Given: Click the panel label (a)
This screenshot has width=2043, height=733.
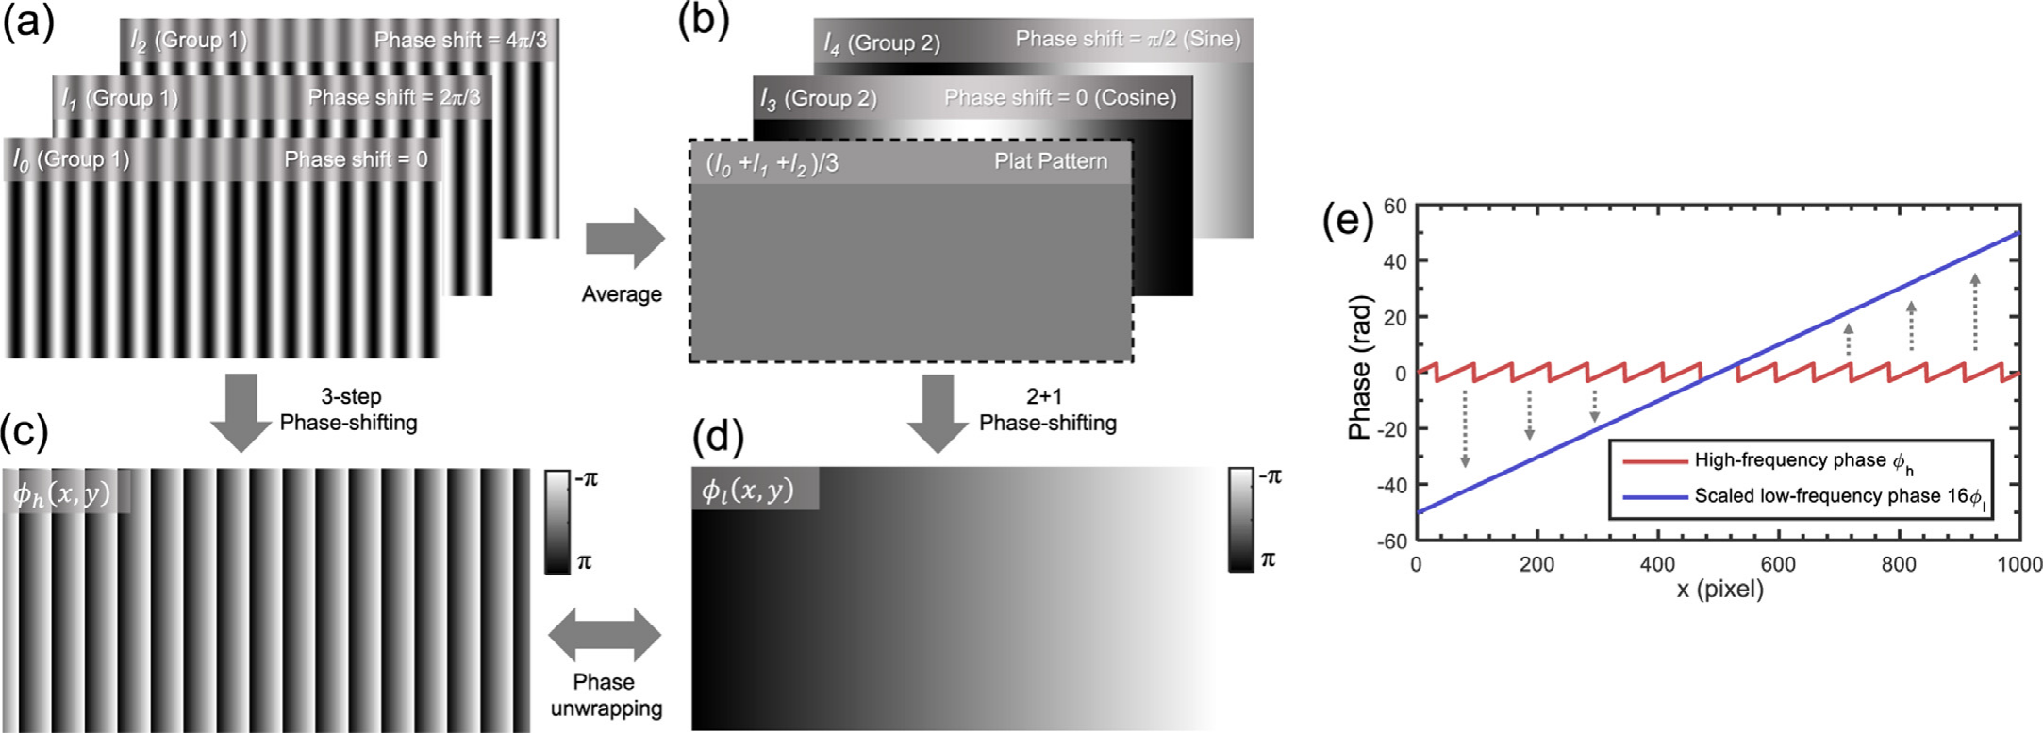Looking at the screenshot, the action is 28,21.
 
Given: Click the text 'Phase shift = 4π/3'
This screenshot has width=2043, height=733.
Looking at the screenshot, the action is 460,40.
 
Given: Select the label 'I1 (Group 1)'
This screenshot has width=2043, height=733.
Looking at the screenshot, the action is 119,98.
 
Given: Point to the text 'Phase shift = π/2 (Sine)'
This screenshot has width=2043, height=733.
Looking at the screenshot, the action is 1128,39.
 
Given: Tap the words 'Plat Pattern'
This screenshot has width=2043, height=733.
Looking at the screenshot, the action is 1051,161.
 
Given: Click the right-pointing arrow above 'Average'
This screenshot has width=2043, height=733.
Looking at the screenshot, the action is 625,239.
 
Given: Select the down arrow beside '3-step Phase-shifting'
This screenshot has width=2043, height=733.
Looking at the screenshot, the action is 242,413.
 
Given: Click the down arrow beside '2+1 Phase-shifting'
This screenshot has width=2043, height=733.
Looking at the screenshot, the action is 938,413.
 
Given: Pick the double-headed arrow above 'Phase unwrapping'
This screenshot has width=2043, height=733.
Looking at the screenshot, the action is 605,635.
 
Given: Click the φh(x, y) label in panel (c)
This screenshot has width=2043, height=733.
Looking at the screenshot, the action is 62,492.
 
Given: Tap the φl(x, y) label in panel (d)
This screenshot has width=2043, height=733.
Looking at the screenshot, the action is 748,491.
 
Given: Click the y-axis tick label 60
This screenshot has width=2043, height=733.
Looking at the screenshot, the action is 1395,206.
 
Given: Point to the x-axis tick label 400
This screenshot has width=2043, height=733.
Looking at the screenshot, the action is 1657,564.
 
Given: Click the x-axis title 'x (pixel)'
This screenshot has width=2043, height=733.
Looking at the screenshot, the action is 1719,590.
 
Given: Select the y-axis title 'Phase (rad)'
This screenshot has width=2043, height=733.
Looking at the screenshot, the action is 1359,368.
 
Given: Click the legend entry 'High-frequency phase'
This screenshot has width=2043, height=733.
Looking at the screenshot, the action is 1790,460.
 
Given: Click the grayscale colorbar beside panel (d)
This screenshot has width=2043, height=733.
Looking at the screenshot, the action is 1240,520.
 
